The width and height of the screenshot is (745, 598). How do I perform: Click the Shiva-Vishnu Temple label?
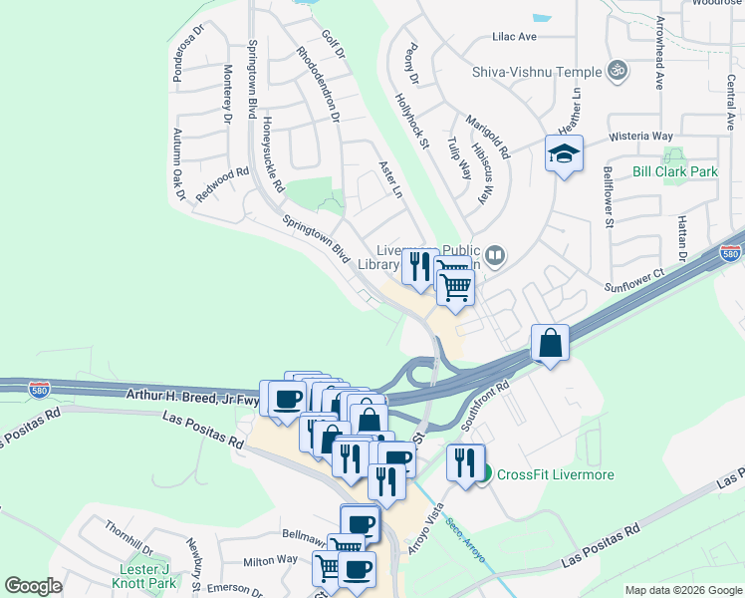coord(536,72)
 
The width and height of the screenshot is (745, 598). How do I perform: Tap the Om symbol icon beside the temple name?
coord(618,71)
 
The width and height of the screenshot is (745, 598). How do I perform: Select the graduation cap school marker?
coord(564,154)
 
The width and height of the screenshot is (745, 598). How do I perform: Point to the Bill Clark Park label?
coord(675,171)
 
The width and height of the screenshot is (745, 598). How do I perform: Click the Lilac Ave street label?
coord(514,36)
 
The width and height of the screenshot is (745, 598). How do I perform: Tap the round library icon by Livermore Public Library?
coord(494,257)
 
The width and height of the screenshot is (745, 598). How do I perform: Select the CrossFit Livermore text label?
coord(555,474)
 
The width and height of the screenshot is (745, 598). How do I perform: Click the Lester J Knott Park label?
coord(144,575)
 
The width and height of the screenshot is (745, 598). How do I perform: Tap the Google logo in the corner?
coord(33,586)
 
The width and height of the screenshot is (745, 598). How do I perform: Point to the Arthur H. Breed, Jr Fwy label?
coord(192,395)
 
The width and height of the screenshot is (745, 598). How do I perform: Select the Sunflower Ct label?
coord(633,280)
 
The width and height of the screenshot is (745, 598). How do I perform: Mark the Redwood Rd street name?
coord(222,185)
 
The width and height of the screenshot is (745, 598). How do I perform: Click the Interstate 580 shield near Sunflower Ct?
coord(731,254)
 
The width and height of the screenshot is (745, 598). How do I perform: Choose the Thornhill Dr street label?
coord(128,538)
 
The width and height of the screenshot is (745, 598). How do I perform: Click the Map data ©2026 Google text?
coord(681,590)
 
